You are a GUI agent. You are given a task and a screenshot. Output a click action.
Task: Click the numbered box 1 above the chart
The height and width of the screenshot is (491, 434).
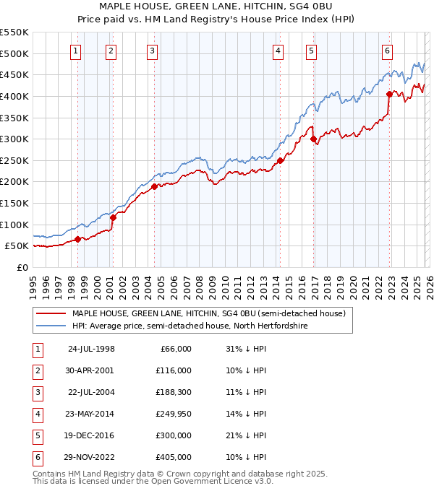[x=77, y=51]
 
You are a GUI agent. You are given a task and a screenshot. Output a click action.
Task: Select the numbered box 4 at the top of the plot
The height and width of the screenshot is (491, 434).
[x=278, y=51]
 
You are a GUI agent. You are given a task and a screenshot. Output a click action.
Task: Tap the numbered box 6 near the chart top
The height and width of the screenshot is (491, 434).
[x=388, y=51]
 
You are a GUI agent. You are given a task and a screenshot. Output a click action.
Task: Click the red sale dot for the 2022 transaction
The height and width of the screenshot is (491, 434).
[x=389, y=94]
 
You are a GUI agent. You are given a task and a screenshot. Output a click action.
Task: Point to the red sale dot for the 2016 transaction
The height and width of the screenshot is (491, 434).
[x=313, y=139]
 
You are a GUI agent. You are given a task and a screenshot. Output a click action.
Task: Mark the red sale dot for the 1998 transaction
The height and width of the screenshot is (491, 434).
[x=77, y=239]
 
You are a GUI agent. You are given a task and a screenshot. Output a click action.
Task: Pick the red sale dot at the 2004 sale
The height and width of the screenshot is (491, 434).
[x=154, y=186]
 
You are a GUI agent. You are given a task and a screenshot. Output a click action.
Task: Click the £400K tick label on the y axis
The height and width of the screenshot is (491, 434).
[x=14, y=96]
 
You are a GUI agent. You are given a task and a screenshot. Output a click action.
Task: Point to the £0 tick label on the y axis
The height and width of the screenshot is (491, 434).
[x=22, y=267]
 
